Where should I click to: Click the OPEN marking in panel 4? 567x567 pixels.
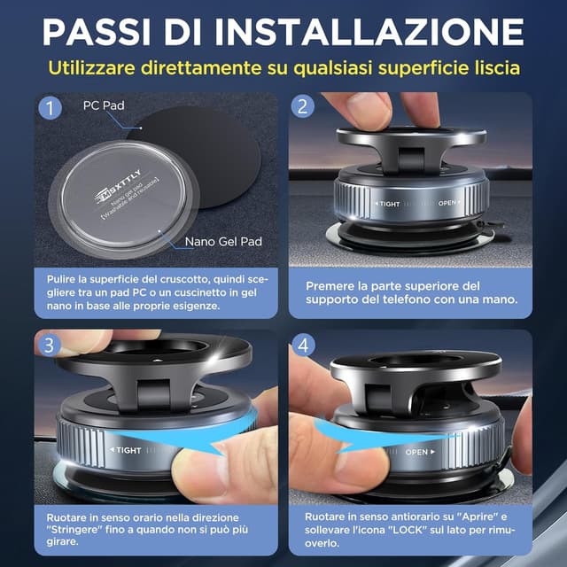click(419, 452)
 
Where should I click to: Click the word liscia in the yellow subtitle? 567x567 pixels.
click(495, 67)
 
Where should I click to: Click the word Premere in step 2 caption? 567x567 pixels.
click(331, 286)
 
